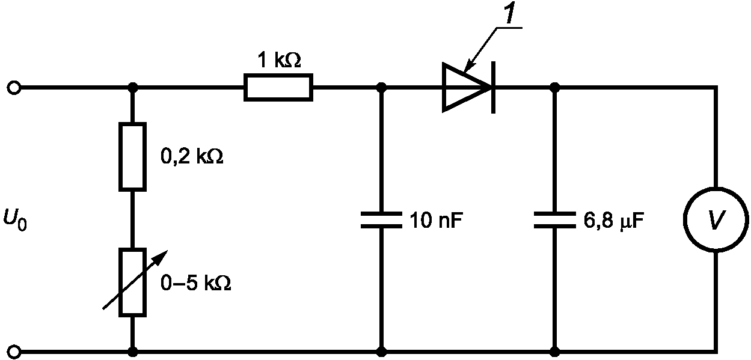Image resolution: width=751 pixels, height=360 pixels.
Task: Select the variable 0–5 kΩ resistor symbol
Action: pyautogui.click(x=133, y=282)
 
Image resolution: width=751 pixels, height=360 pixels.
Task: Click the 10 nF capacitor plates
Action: pyautogui.click(x=381, y=220)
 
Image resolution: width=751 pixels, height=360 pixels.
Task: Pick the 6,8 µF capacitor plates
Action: pyautogui.click(x=555, y=220)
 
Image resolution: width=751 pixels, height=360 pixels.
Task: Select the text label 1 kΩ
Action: pyautogui.click(x=279, y=60)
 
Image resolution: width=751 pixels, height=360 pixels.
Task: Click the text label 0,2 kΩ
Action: pyautogui.click(x=192, y=156)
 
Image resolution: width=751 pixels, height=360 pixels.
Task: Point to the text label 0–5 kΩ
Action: pyautogui.click(x=196, y=283)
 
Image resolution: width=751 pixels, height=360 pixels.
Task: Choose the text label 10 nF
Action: pyautogui.click(x=436, y=220)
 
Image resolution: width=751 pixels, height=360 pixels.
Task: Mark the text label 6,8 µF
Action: pyautogui.click(x=613, y=221)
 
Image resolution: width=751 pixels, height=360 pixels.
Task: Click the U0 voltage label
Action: pyautogui.click(x=15, y=219)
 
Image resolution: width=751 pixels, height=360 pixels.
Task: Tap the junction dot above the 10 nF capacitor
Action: pyautogui.click(x=381, y=88)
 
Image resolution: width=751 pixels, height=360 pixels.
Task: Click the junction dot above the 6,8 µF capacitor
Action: pyautogui.click(x=555, y=88)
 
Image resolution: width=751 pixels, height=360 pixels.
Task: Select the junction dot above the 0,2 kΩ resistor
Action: pyautogui.click(x=133, y=88)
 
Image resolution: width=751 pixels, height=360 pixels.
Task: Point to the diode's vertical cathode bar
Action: pyautogui.click(x=494, y=88)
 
